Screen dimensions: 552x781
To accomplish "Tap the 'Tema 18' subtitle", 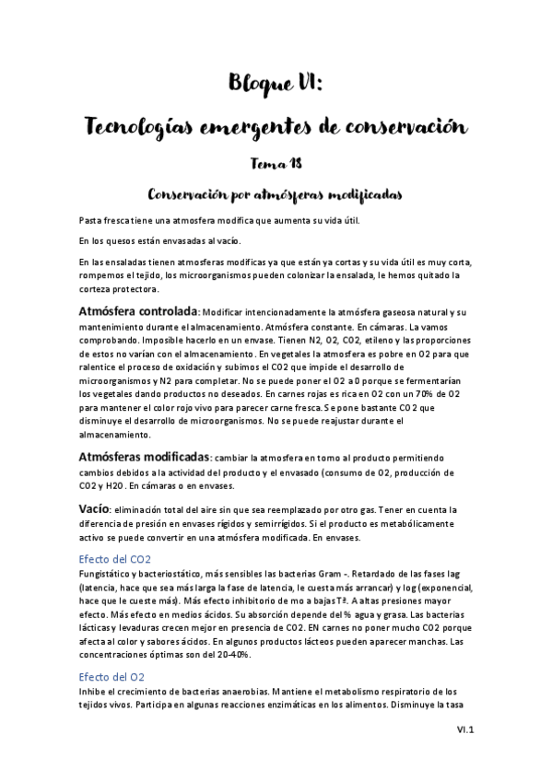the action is (x=276, y=163).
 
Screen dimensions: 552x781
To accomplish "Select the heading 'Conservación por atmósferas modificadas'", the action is (x=276, y=194).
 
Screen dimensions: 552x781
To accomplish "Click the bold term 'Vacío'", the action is (x=95, y=508).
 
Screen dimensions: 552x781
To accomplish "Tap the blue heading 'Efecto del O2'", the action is (x=112, y=676).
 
